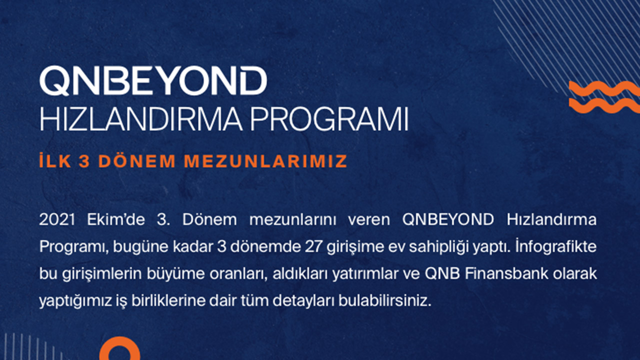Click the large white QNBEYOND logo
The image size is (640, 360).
point(153,80)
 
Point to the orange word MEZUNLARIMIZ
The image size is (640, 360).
point(265,161)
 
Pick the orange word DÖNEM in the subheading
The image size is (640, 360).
point(137,161)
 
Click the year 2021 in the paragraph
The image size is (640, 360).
point(57,220)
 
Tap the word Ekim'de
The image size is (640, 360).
point(115,220)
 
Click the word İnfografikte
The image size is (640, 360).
point(556,247)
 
